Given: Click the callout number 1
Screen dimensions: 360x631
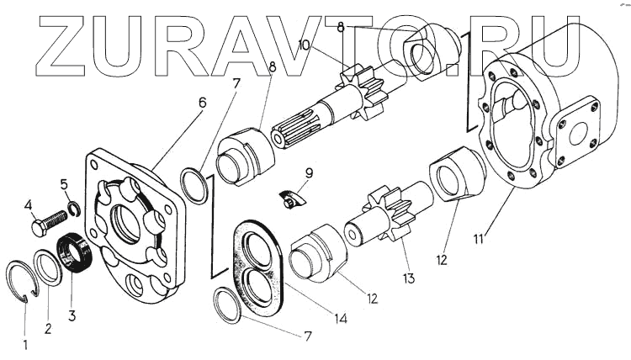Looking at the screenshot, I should coord(24,343).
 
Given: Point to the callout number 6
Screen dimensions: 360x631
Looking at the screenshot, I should coord(202,102).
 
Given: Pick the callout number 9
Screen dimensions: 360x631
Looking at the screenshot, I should coord(310,174).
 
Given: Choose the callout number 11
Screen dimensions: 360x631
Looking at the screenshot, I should coord(478,240).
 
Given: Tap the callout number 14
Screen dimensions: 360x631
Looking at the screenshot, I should coord(342,318).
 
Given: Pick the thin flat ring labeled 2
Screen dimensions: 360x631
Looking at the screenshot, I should coord(48,268).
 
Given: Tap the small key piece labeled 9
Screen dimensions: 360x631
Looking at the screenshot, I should coord(291,200).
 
